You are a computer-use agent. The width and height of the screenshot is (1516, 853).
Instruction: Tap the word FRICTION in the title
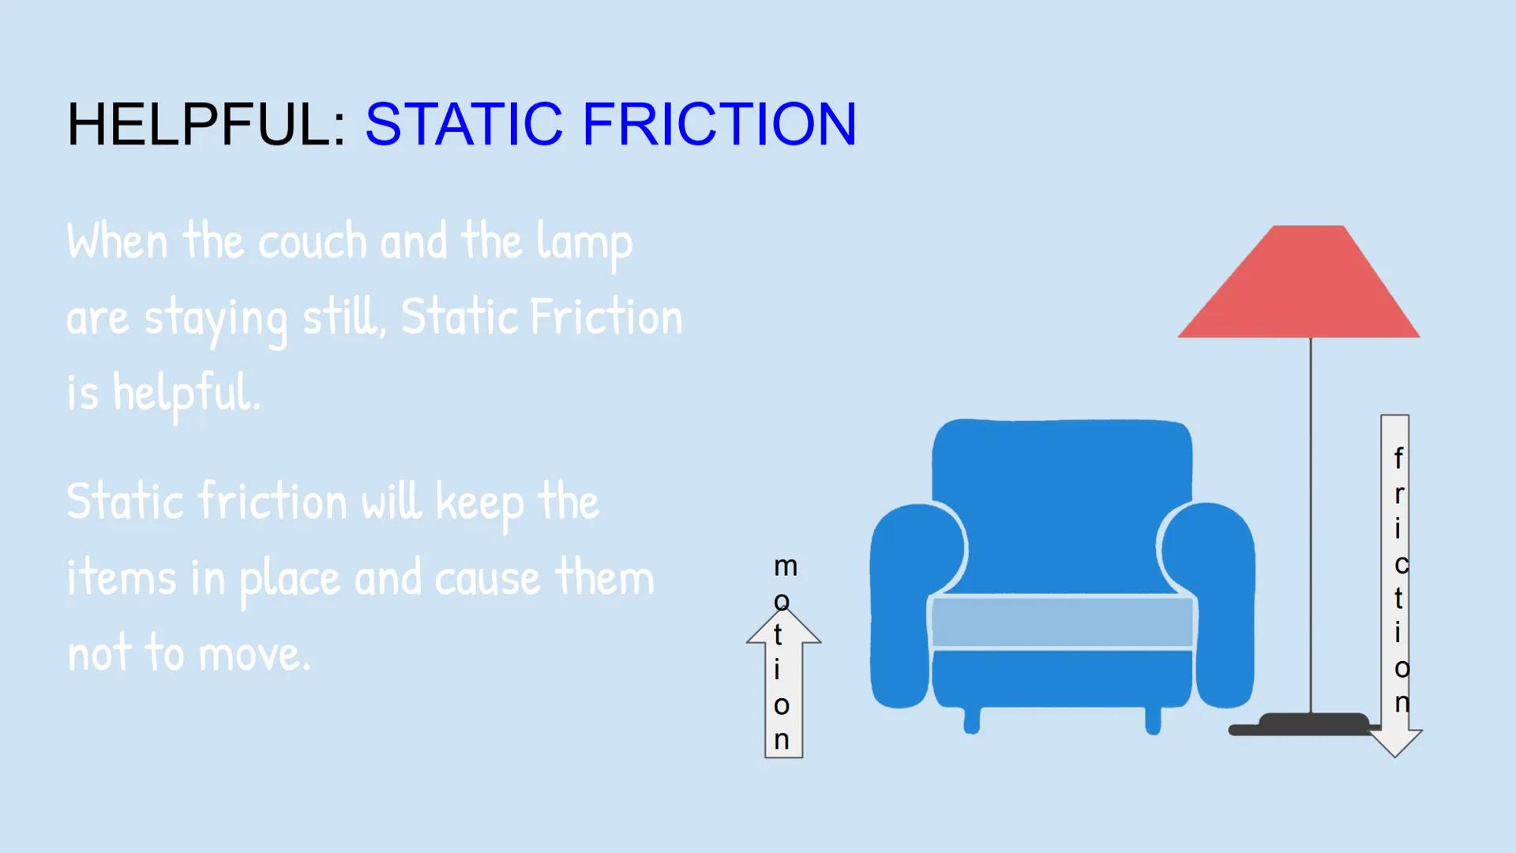point(719,124)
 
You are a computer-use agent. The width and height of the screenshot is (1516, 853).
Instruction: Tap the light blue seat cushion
point(1062,622)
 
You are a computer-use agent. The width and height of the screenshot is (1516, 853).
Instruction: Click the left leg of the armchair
point(972,720)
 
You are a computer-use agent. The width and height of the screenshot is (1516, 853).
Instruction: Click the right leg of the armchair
point(1153,720)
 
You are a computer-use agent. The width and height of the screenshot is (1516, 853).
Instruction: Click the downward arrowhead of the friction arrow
point(1395,742)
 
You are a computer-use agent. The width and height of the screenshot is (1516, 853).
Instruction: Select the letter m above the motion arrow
point(785,566)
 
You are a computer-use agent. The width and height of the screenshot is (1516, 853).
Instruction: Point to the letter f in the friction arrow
point(1398,457)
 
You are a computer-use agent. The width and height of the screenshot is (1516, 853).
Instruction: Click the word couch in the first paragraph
point(313,242)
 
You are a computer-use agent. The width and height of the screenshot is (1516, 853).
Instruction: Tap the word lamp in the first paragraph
point(584,243)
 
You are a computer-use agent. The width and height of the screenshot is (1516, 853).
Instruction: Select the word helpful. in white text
point(186,393)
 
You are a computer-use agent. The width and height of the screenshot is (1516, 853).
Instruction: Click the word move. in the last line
point(254,656)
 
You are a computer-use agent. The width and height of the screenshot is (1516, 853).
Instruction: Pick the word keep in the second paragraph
point(479,504)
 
